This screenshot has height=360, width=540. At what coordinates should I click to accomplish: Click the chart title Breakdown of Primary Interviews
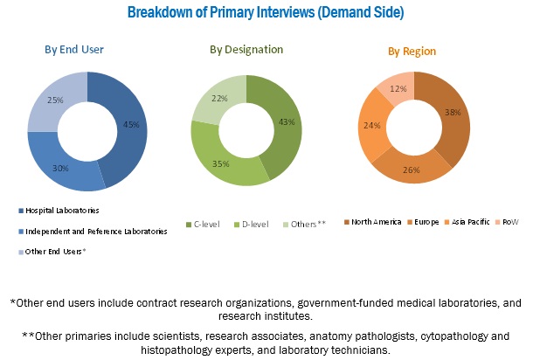[265, 12]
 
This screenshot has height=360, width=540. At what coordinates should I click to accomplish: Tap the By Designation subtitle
[246, 49]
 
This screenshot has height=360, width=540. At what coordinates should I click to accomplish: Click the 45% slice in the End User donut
[130, 123]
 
